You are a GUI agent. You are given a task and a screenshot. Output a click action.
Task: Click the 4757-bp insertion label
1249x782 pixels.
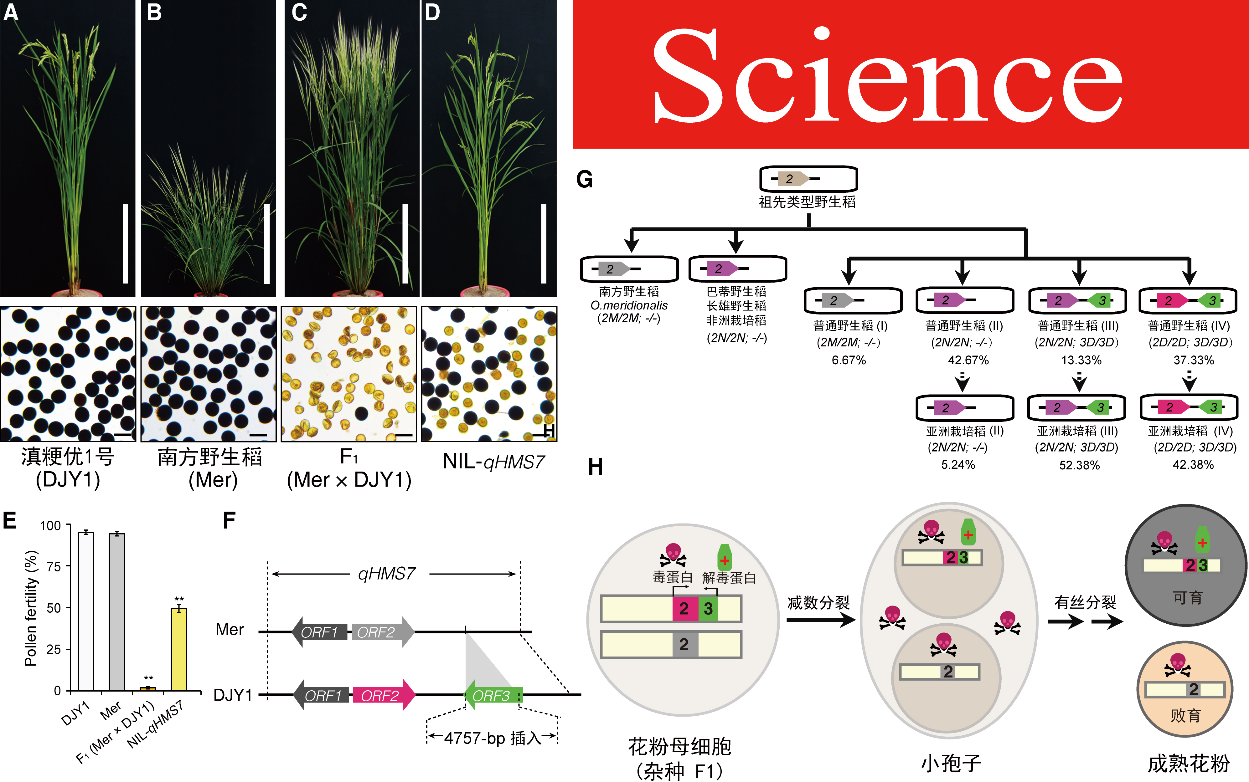[x=492, y=738]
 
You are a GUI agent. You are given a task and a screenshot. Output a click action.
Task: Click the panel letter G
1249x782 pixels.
[x=584, y=180]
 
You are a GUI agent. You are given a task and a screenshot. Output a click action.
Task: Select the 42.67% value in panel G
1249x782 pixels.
[x=968, y=360]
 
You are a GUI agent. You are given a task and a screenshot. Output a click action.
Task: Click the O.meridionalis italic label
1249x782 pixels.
[x=629, y=305]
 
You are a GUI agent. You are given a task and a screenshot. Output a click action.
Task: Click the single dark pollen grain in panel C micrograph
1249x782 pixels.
[x=361, y=413]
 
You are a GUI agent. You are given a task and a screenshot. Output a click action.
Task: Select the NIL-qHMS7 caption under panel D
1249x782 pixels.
[x=493, y=461]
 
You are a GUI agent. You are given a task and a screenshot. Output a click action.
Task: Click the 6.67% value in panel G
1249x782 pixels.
[x=849, y=360]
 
